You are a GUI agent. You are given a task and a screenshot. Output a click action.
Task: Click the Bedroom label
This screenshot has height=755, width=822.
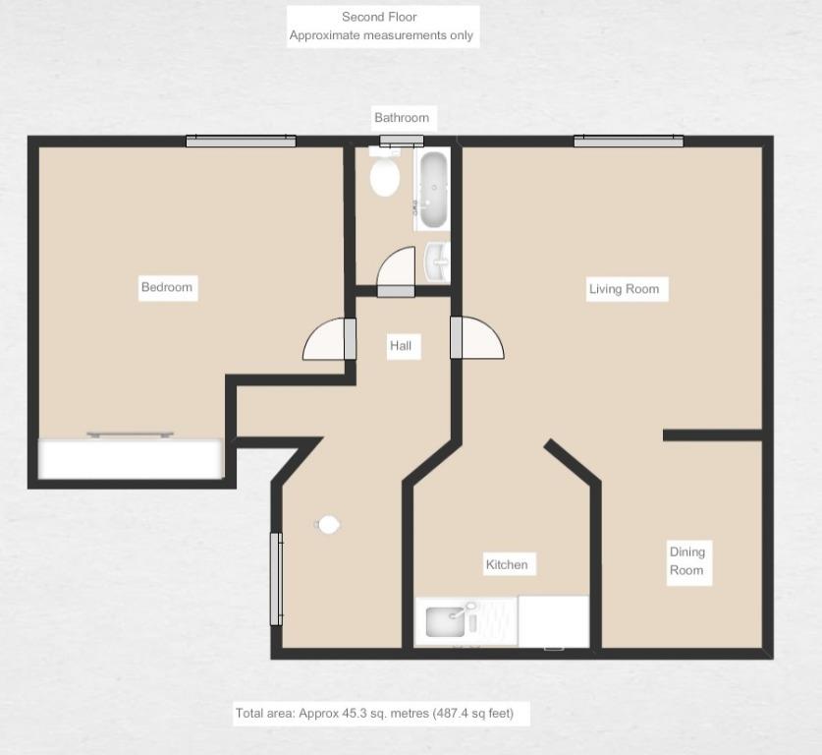point(167,287)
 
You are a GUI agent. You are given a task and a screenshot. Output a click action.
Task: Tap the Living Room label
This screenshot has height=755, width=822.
point(624,289)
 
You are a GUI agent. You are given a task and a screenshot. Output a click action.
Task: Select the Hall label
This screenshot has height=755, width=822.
point(401,345)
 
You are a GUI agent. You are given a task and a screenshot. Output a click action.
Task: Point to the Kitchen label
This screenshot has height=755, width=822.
point(507,564)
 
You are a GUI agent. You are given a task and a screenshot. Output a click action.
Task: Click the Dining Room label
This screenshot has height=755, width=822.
point(687,561)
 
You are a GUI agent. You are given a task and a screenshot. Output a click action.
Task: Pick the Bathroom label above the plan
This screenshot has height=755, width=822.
point(402,118)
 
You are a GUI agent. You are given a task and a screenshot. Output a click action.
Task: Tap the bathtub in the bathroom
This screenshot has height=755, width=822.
point(432,189)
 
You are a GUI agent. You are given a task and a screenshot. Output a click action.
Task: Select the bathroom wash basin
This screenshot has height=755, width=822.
point(437,262)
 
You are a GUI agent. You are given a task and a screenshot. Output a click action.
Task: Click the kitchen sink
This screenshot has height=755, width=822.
point(446,621)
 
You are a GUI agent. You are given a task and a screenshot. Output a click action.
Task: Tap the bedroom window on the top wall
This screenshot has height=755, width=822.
point(242,142)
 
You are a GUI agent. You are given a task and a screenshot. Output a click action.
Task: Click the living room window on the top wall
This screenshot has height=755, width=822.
point(629,142)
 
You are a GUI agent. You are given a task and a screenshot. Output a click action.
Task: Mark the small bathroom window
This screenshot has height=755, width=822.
point(402,141)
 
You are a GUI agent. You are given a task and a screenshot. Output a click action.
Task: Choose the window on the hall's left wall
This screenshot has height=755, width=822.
point(276,579)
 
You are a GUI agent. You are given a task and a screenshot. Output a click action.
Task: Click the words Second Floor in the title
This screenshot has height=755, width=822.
point(379,17)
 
